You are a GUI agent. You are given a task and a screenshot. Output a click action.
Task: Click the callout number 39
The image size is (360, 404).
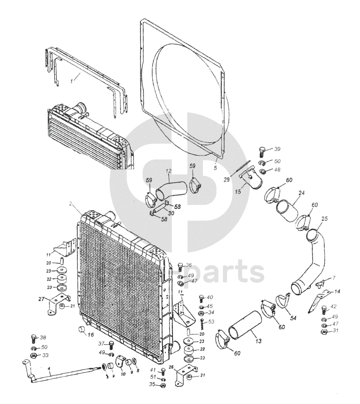click(277, 149)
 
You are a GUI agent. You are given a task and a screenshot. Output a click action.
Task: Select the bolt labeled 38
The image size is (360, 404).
click(33, 338)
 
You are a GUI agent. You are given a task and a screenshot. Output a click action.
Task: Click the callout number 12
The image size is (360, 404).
click(168, 171)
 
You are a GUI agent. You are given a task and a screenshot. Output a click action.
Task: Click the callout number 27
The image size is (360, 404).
click(41, 299)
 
